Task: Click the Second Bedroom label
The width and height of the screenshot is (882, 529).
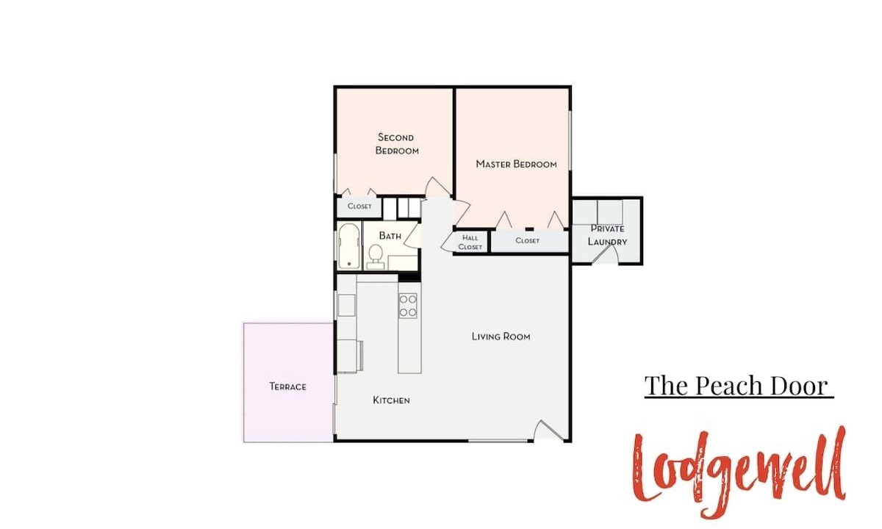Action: pos(397,144)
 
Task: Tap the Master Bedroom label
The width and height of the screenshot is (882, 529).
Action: pos(516,164)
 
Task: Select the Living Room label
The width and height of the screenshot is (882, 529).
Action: pos(501,337)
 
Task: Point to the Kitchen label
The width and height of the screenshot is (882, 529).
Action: pos(391,400)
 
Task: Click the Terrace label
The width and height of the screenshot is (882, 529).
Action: pos(288,386)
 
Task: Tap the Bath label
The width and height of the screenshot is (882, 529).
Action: pos(390,236)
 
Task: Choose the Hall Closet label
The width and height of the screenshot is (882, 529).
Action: pos(470,242)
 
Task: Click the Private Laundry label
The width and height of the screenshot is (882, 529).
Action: pos(607,235)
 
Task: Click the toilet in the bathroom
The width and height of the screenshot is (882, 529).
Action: pos(376,257)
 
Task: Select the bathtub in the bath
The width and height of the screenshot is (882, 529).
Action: pos(349,246)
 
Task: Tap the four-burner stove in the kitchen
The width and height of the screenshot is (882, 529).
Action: pos(407,306)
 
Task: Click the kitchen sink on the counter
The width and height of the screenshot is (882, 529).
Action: pos(346,305)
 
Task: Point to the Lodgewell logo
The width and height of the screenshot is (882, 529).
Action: pos(739,472)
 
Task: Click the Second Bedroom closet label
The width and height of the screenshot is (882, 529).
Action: pos(359,206)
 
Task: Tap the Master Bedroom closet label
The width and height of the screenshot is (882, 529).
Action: pos(527,240)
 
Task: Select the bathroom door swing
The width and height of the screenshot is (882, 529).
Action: pos(412,235)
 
